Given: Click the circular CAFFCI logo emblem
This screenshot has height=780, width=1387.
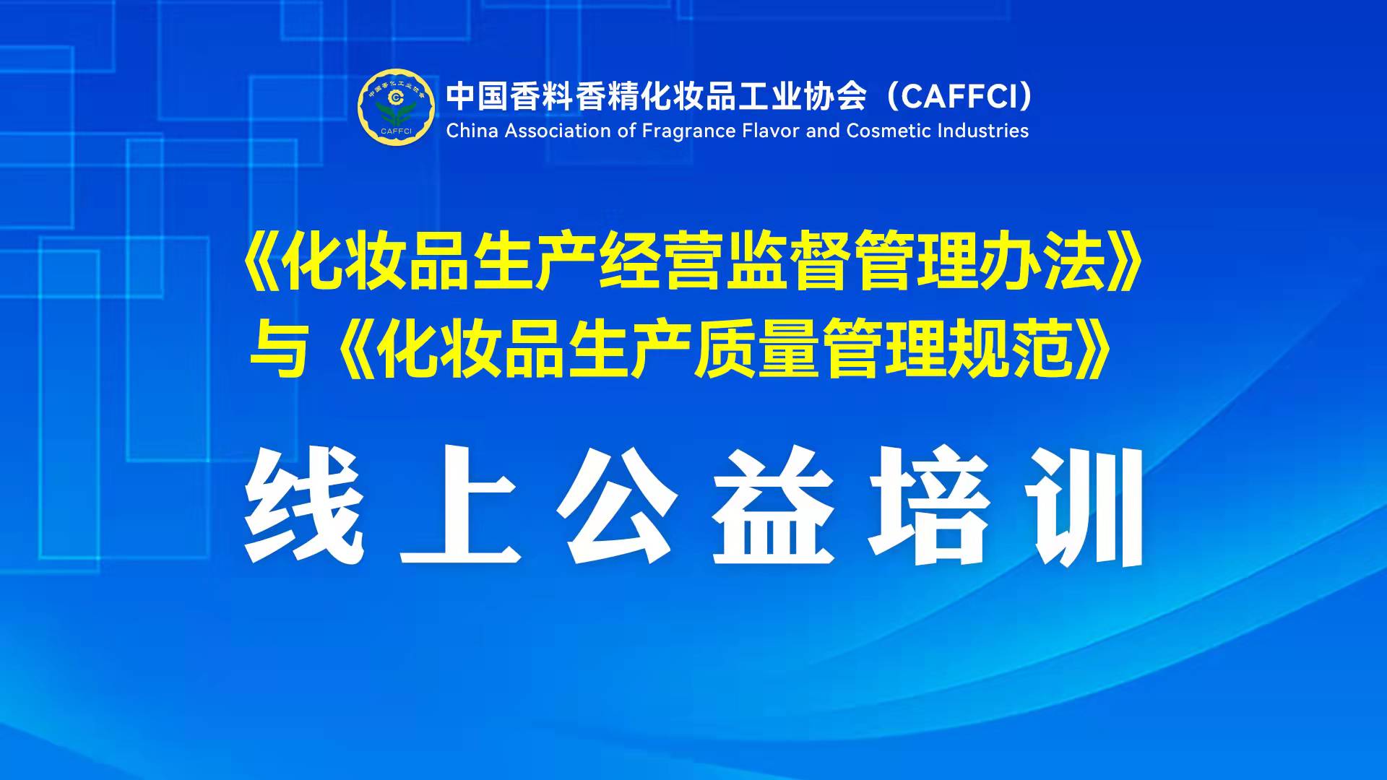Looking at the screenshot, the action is click(397, 108).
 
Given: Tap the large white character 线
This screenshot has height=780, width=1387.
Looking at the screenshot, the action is click(303, 505).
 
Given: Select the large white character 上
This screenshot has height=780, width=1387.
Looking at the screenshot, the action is click(460, 505).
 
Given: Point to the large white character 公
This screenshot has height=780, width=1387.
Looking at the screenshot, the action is click(618, 505).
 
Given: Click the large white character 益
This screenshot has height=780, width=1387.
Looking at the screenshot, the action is click(774, 505).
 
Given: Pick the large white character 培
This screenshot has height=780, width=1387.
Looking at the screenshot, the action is click(930, 505).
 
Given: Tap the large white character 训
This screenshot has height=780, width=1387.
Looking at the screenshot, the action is click(1086, 505).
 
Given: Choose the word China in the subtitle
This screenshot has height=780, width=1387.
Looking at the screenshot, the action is click(472, 131).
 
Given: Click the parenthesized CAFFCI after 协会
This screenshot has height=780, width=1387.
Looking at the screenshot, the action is click(960, 96).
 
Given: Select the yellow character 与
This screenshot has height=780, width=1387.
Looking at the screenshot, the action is click(279, 350).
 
